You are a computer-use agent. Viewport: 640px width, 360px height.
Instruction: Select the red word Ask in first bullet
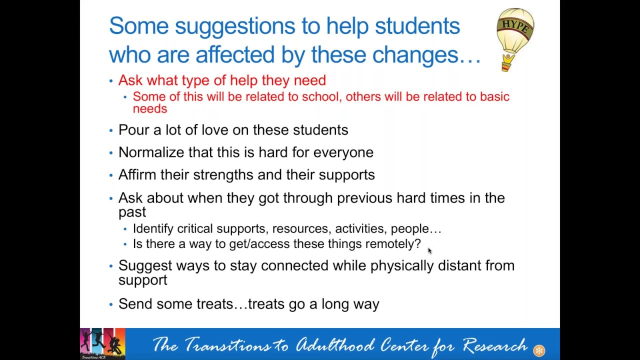130,80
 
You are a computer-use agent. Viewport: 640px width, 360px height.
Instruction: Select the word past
132,212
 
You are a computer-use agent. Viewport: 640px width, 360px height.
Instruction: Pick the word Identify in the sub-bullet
153,229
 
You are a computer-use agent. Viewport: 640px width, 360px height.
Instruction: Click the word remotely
393,244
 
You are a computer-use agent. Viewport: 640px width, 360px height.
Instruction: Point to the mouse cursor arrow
429,251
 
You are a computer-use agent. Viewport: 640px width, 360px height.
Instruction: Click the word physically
402,266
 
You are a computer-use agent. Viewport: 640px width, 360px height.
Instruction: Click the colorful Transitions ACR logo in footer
102,343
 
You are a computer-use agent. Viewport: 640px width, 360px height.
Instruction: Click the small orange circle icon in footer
539,351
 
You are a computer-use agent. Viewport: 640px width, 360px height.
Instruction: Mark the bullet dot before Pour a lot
111,130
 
